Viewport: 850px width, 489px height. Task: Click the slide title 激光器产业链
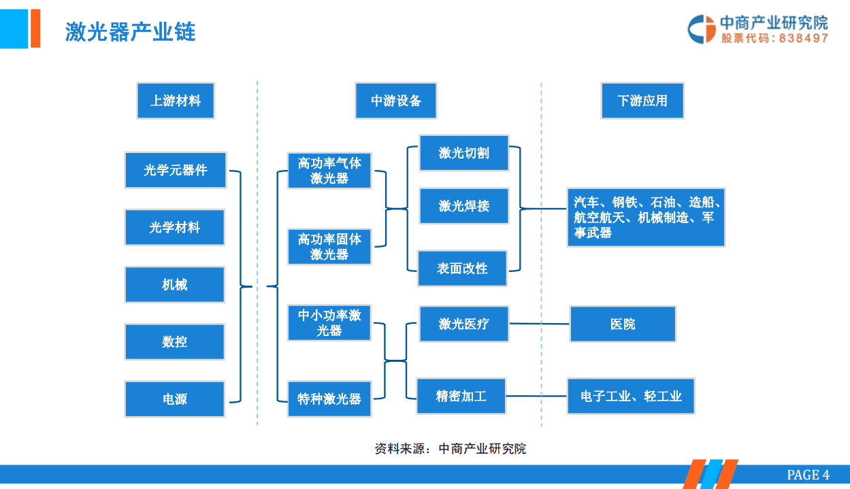tap(131, 31)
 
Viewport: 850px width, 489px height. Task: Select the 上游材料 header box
tap(176, 101)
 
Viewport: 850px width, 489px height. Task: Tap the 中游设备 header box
tap(395, 101)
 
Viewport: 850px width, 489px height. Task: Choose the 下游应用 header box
tap(642, 101)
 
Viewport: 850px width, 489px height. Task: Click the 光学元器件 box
tap(175, 170)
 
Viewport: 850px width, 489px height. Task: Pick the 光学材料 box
tap(175, 227)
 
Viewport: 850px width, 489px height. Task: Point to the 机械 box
tap(175, 284)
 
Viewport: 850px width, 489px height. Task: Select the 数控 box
tap(175, 341)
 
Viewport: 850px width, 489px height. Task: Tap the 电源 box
tap(175, 399)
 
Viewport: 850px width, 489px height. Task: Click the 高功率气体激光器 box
tap(329, 170)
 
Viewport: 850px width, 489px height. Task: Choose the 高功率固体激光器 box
tap(329, 246)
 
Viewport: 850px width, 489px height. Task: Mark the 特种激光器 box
tap(329, 399)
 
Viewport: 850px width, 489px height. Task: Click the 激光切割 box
tap(463, 153)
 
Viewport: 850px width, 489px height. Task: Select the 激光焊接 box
tap(463, 205)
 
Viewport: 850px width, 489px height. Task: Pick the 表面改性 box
tap(462, 268)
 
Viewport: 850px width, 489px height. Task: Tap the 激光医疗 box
tap(463, 324)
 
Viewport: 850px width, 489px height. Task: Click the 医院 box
tap(623, 324)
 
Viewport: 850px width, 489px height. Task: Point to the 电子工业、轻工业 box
tap(631, 396)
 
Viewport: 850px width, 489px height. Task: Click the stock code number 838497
tap(804, 39)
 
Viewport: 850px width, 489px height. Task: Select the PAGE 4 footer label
tap(808, 475)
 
